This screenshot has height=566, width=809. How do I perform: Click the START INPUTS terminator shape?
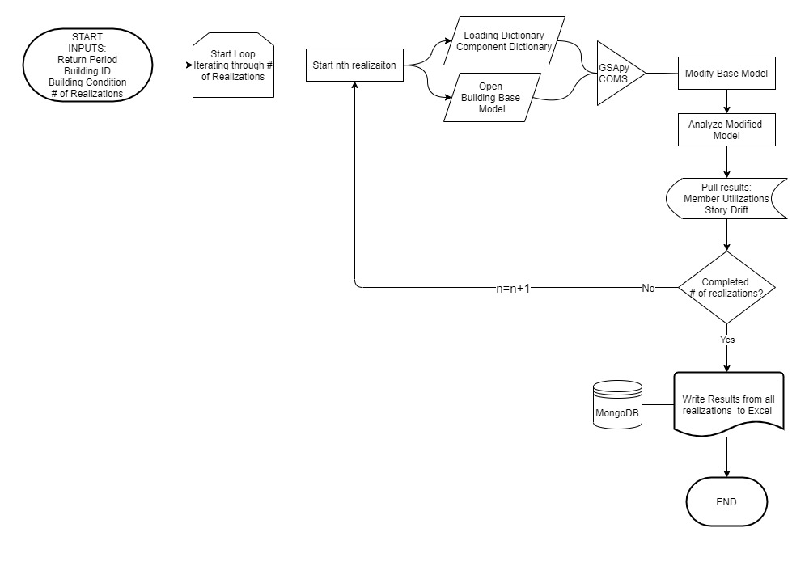[87, 65]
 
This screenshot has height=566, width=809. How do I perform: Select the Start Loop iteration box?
[232, 65]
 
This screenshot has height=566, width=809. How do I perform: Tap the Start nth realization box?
[354, 65]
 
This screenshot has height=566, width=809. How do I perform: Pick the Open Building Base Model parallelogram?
[493, 98]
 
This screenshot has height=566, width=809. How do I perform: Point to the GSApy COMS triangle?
[616, 73]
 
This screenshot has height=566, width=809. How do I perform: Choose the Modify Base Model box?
[726, 74]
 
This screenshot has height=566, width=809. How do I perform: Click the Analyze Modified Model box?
[726, 130]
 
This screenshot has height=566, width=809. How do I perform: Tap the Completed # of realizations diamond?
[726, 288]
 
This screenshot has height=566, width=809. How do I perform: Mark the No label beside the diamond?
[647, 288]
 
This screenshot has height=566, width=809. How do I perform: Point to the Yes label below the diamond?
[726, 340]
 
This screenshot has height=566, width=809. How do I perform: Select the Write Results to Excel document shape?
[727, 405]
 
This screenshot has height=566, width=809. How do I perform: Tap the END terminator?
[726, 502]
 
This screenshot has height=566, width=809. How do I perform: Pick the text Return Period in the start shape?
[87, 59]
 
